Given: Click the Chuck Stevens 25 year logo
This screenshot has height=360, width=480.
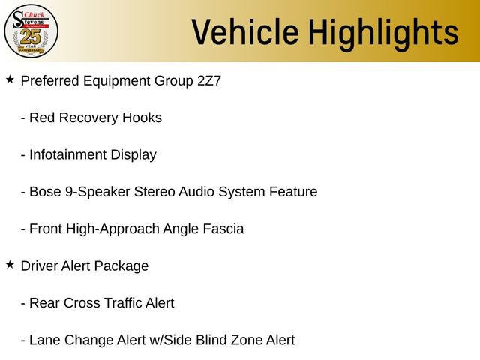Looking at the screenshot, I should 31,31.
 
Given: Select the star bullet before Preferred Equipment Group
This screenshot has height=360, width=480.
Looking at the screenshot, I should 10,79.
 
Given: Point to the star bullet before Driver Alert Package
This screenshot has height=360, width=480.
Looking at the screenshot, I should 10,264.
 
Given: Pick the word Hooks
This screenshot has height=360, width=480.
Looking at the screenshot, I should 143,118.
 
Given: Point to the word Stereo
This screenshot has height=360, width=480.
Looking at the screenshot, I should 154,192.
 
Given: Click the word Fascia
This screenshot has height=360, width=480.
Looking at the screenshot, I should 223,229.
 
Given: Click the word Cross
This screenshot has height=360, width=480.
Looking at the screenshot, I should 81,303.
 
